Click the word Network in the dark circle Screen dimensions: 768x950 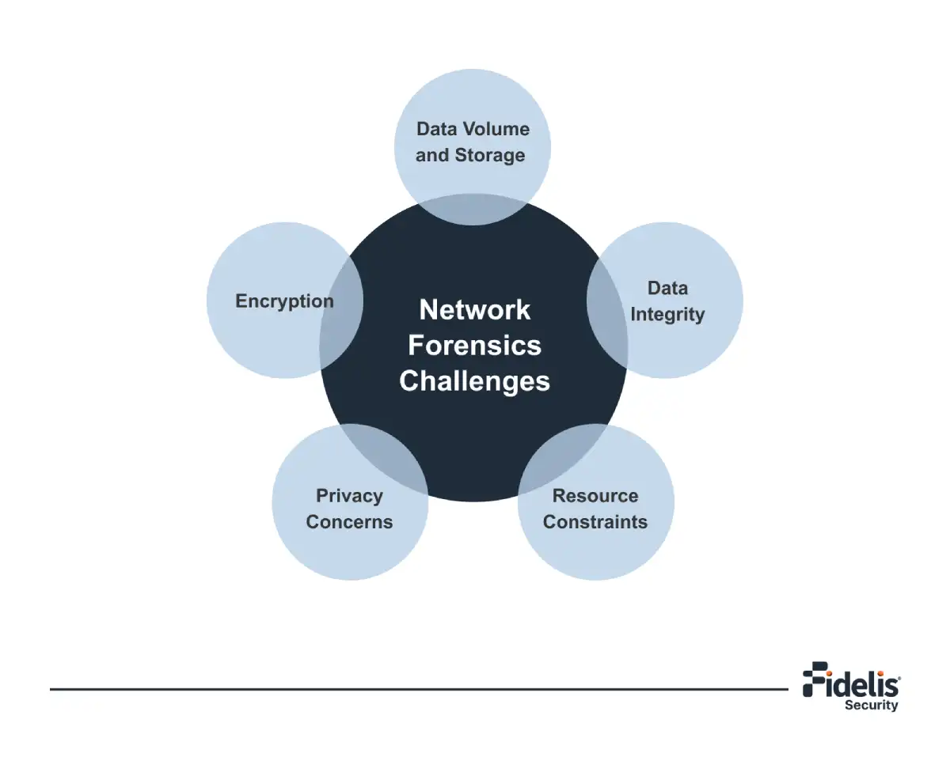point(474,309)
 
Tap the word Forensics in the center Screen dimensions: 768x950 point(474,345)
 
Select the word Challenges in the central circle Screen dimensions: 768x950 point(474,380)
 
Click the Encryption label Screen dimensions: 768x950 point(284,301)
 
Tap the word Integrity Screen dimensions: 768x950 point(667,314)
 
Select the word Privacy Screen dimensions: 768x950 point(349,496)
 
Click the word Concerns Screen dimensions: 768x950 point(349,522)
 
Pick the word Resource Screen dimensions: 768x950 point(595,496)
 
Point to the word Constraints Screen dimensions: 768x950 point(595,522)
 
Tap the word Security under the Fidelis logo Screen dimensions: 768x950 point(871,705)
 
